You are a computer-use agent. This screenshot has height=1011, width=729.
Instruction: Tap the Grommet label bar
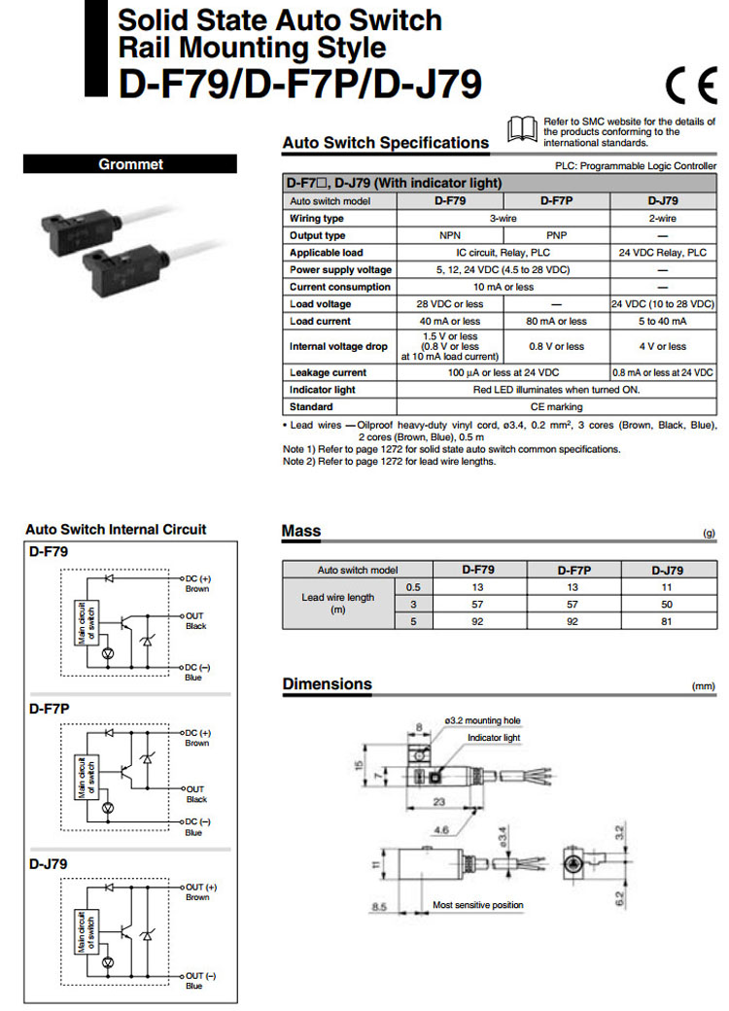[130, 164]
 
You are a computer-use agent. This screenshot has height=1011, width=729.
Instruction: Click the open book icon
[522, 128]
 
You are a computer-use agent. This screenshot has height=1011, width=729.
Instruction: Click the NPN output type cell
[449, 235]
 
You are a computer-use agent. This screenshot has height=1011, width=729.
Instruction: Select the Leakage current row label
[328, 372]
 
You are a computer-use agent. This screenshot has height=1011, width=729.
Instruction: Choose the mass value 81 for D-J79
[664, 621]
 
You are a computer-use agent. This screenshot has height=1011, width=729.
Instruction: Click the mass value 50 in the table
[664, 605]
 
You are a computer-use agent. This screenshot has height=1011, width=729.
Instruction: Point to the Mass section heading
[300, 531]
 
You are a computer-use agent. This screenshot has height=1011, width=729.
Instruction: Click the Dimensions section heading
[327, 684]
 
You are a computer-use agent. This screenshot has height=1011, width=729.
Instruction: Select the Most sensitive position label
[477, 905]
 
